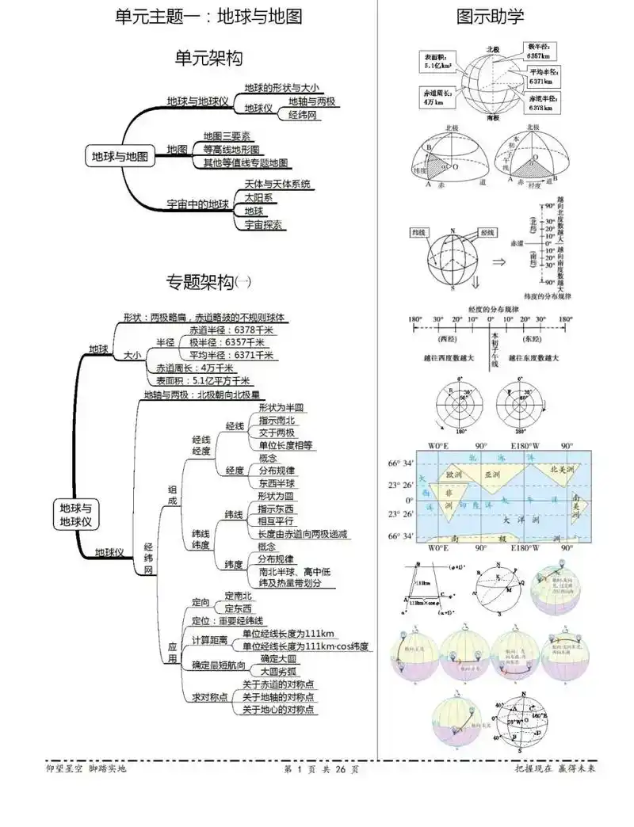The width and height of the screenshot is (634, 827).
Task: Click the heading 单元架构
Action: coord(208,58)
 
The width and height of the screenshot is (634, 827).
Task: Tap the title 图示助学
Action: coord(490,16)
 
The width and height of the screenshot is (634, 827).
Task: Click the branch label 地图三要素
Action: coord(227,135)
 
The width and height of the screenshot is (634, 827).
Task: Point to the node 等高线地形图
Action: coord(231,149)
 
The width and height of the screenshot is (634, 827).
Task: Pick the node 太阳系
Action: coord(258,197)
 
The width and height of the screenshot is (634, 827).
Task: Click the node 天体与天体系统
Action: coord(277,184)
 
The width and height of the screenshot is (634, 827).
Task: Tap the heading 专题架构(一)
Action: coord(208,281)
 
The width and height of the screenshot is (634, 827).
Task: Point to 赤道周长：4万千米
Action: coord(195,368)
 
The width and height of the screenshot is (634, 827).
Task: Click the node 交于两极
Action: coord(277,433)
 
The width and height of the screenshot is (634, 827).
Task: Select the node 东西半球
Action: coord(277,482)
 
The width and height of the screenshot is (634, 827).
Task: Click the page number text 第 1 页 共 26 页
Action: coord(316,768)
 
